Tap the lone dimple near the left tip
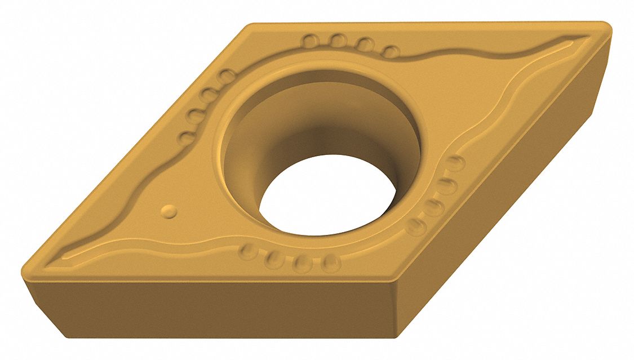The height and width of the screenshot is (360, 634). tap(169, 211)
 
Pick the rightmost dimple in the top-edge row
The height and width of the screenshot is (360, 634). tap(391, 52)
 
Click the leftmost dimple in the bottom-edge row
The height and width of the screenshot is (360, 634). tap(248, 250)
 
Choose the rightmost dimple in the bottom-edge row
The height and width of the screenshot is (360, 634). tap(331, 263)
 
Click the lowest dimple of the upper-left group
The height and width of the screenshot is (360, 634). tap(186, 137)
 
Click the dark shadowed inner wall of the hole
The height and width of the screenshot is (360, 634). tap(316, 130)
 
